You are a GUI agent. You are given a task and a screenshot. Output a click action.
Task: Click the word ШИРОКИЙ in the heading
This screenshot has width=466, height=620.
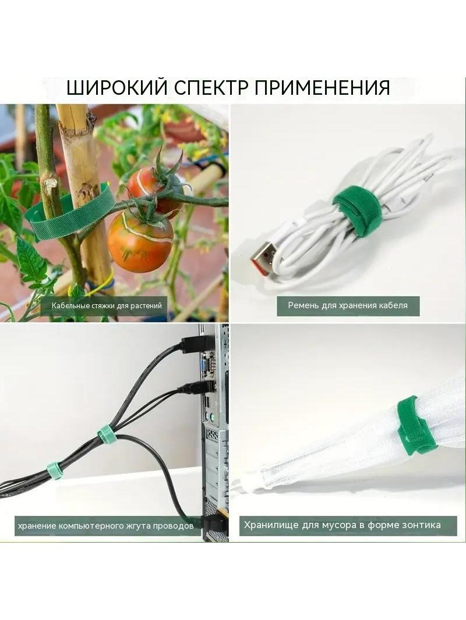click(x=118, y=87)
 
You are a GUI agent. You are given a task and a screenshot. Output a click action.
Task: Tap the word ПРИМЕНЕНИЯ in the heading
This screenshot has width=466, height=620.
click(x=322, y=87)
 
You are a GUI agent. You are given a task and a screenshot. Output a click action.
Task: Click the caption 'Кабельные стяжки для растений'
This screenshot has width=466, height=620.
click(x=107, y=306)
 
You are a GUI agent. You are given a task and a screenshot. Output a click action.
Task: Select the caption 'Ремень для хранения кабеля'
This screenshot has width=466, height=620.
click(x=348, y=305)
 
